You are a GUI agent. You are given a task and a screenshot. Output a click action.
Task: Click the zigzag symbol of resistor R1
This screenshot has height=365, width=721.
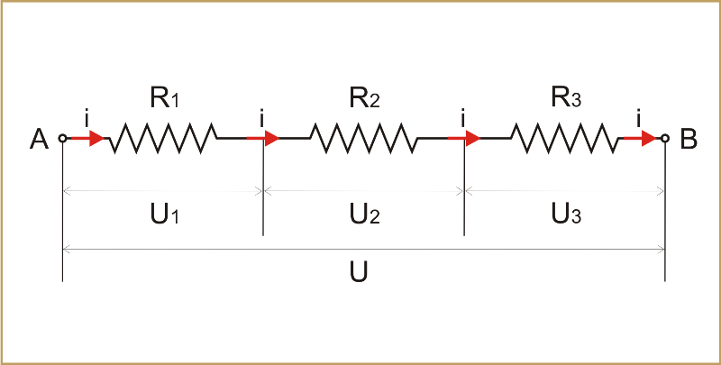click(x=163, y=138)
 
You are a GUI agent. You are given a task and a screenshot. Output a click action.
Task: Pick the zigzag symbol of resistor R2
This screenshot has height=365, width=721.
click(x=363, y=138)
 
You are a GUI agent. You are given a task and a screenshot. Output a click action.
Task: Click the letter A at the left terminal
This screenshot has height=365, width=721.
click(x=39, y=140)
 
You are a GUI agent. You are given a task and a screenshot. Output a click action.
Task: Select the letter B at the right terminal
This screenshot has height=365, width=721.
click(x=688, y=140)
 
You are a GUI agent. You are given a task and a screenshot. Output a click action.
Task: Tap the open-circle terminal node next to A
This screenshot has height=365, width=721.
click(x=62, y=138)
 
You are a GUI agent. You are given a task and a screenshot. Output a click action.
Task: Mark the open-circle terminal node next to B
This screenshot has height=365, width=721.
click(x=665, y=138)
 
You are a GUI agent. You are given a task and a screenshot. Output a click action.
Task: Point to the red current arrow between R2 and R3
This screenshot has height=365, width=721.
click(x=465, y=138)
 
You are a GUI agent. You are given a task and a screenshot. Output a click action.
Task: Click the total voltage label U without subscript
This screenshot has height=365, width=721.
click(x=363, y=271)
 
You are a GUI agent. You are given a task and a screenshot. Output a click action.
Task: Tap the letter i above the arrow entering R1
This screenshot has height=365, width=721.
click(x=87, y=117)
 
